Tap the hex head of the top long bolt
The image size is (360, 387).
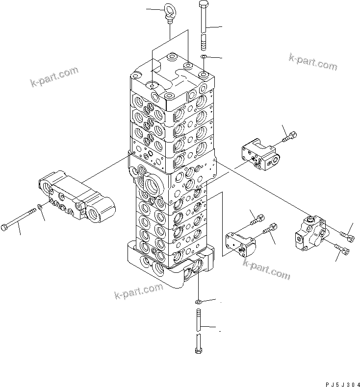204,4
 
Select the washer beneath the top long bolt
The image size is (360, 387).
204,59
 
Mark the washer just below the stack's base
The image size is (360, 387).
198,300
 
